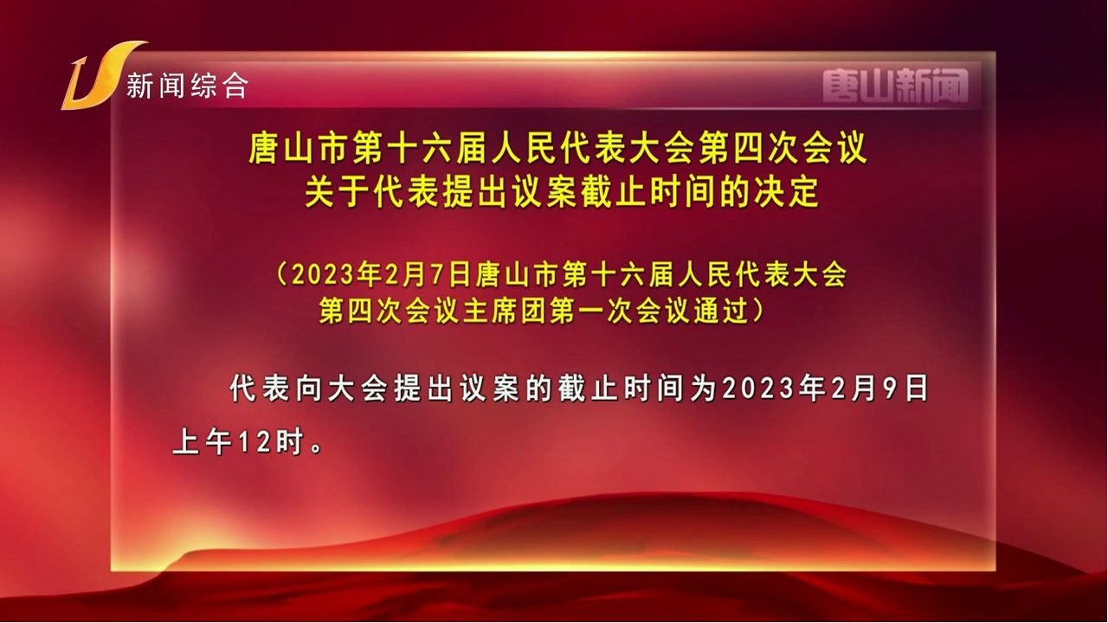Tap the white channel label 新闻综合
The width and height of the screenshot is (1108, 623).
point(188,86)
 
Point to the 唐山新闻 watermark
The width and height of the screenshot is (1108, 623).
point(895,86)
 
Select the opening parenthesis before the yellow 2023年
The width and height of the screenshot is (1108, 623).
point(281,275)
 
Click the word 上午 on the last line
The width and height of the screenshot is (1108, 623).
point(203,441)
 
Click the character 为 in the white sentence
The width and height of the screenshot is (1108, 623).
point(704,389)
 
